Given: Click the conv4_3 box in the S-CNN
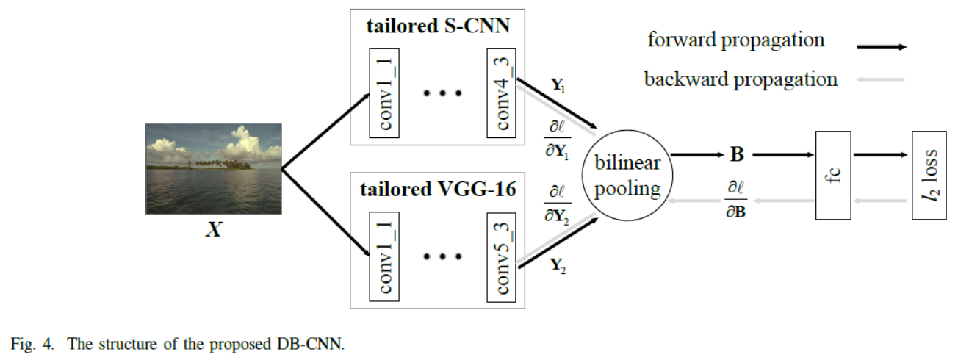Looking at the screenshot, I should click(x=503, y=94).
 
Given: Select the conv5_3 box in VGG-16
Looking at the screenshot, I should click(x=503, y=254).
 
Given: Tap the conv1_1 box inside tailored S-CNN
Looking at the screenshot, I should click(x=383, y=94).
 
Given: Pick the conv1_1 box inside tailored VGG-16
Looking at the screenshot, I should click(x=383, y=254).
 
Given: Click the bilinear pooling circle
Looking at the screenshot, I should click(x=627, y=176).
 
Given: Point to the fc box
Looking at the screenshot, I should click(x=833, y=175).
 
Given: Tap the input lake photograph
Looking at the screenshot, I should click(x=214, y=169).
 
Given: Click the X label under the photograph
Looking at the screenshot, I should click(x=213, y=229).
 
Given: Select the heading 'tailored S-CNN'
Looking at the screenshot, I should click(x=439, y=28).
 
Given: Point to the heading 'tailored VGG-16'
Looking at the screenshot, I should click(x=439, y=190).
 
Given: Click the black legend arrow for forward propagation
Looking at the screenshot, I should click(x=880, y=46).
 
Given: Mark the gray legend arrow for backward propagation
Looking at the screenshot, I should click(x=880, y=79).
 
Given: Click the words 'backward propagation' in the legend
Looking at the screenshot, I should click(x=741, y=79).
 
